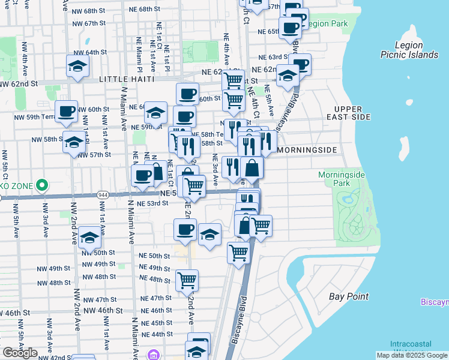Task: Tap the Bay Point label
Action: (x=348, y=296)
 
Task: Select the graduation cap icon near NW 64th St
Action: (x=77, y=67)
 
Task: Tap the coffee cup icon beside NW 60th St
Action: (x=67, y=112)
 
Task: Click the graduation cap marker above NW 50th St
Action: (x=89, y=239)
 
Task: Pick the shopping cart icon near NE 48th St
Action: (x=187, y=280)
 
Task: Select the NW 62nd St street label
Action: (x=19, y=84)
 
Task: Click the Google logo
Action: (x=19, y=353)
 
